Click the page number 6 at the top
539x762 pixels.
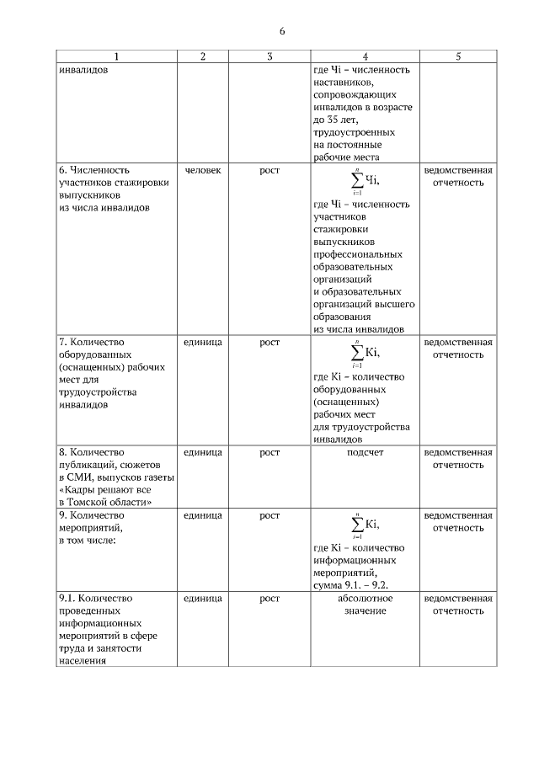(282, 31)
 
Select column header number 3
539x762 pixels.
(269, 56)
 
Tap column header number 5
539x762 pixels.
(458, 56)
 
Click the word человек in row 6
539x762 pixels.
(202, 170)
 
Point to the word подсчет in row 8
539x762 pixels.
(365, 452)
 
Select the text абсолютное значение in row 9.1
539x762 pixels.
(365, 605)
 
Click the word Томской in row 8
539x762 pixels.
(99, 502)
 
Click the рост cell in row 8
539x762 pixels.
(269, 452)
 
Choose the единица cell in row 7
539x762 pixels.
(202, 342)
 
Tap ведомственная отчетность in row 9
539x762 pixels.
(458, 520)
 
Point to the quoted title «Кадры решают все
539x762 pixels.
(105, 490)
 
